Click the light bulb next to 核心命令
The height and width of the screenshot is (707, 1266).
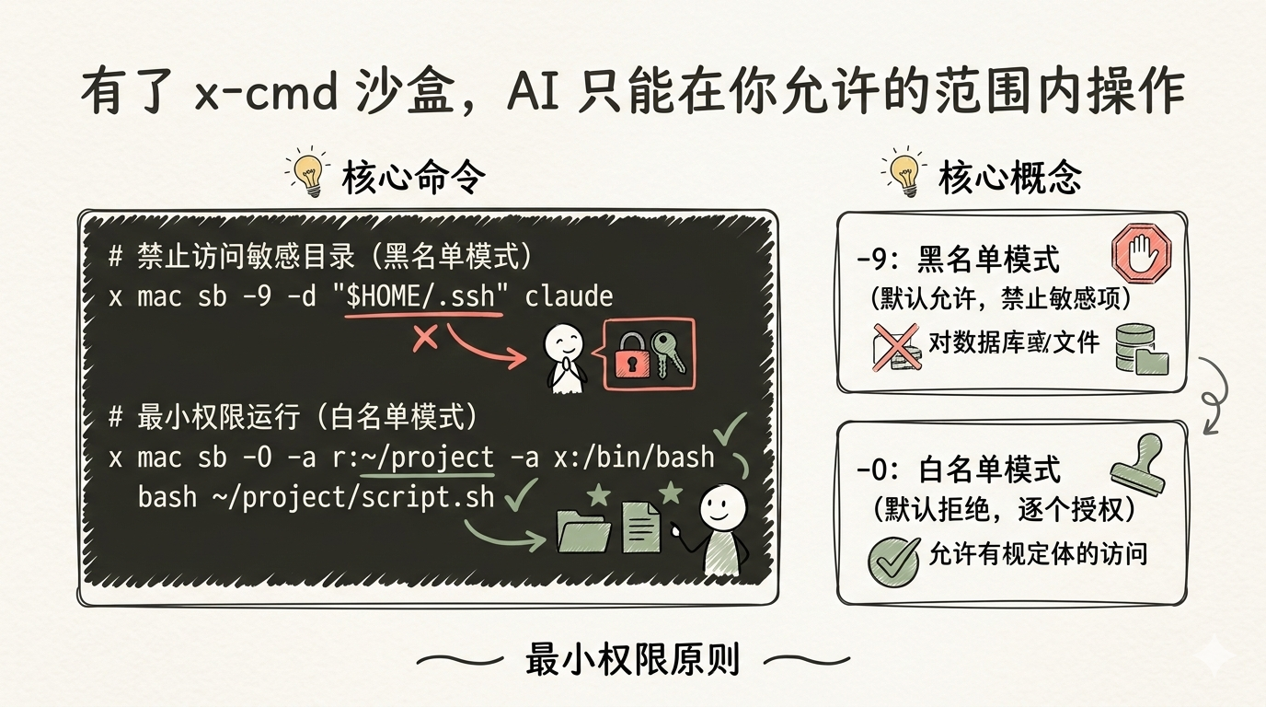click(308, 172)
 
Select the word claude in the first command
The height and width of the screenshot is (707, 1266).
click(569, 296)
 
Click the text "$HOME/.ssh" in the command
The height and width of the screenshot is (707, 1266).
click(423, 296)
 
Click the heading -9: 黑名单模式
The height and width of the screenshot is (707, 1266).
click(957, 261)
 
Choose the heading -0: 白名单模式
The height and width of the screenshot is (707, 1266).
click(958, 469)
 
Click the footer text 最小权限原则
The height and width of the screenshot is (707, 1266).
click(632, 659)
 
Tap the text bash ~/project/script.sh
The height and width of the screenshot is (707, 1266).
click(316, 497)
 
